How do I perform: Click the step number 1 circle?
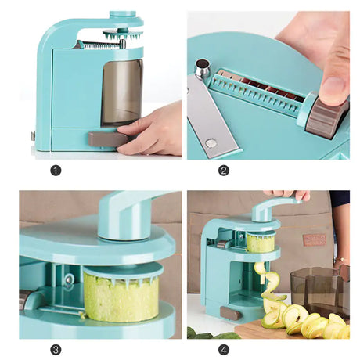pyautogui.click(x=56, y=171)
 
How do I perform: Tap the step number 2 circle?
pyautogui.click(x=224, y=171)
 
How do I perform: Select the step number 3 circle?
pyautogui.click(x=56, y=350)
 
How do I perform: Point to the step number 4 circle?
pyautogui.click(x=224, y=350)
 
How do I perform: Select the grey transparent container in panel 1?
pyautogui.click(x=122, y=92)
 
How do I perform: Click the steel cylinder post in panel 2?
pyautogui.click(x=203, y=68)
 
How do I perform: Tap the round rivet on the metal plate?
pyautogui.click(x=211, y=142)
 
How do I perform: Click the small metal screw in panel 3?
pyautogui.click(x=69, y=280)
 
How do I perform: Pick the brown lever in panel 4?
pyautogui.click(x=231, y=313)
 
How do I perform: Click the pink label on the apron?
pyautogui.click(x=315, y=239)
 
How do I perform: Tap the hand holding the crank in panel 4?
pyautogui.click(x=287, y=194)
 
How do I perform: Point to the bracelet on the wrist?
pyautogui.click(x=341, y=259)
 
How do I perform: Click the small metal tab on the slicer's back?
pyautogui.click(x=33, y=136)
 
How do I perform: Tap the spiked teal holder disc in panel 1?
pyautogui.click(x=123, y=34)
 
